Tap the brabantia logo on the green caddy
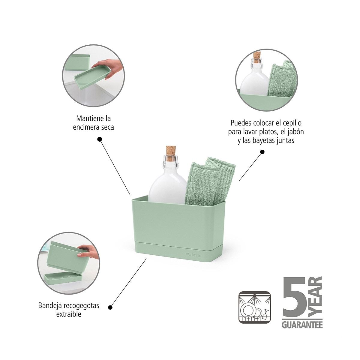click(193, 255)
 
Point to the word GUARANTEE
click(302, 325)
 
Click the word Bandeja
click(50, 306)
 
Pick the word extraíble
click(69, 314)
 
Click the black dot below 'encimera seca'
click(100, 139)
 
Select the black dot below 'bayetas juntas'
click(262, 152)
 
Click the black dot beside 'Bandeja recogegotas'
click(110, 307)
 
